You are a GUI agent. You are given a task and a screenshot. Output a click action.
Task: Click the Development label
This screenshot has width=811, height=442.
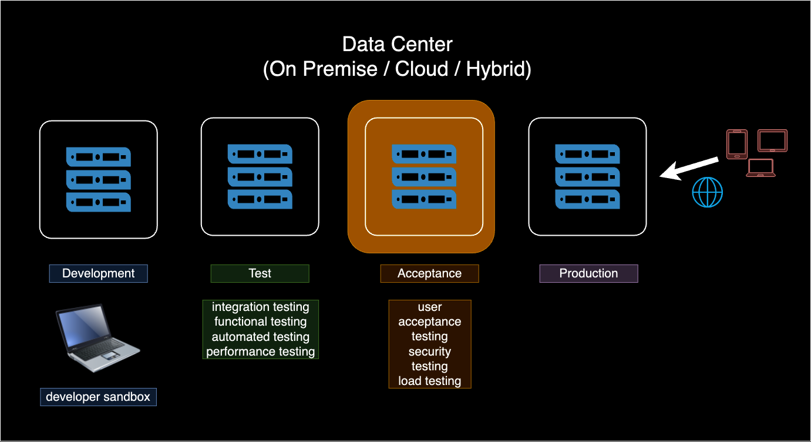pos(98,273)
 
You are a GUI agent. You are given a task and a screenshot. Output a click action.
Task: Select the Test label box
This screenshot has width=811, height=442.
pos(260,273)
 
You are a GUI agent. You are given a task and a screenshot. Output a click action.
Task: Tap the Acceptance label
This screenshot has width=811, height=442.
pos(429,273)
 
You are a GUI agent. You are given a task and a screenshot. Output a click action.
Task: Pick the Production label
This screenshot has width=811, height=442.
pos(588,273)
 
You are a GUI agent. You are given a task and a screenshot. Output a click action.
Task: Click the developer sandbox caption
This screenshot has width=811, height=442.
pos(98,397)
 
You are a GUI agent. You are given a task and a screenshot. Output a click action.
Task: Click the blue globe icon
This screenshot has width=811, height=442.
pos(707,192)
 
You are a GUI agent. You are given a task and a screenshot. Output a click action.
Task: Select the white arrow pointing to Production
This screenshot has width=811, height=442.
pos(688,168)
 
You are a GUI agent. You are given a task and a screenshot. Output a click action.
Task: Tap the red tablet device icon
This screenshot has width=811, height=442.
pos(737,144)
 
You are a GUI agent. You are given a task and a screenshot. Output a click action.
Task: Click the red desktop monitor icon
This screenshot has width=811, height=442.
pos(772,141)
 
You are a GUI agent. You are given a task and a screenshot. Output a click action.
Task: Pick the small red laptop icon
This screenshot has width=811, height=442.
pos(760,168)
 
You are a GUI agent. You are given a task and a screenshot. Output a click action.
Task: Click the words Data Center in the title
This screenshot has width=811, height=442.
pos(397,44)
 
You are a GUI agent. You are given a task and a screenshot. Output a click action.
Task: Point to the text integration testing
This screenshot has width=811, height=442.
pos(260,307)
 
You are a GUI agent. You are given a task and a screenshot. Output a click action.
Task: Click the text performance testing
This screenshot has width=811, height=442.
pos(260,351)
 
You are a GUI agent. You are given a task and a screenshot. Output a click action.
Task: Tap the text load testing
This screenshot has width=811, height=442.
pos(429,381)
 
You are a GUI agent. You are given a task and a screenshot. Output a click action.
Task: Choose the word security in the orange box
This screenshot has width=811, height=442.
pos(429,351)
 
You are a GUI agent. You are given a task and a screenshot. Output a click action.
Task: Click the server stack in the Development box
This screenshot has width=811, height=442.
pos(98,179)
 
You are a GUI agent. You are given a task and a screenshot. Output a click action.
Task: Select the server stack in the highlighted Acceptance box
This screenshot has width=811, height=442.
pos(424,176)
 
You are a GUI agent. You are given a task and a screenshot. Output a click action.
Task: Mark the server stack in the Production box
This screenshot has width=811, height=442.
pos(587,176)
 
